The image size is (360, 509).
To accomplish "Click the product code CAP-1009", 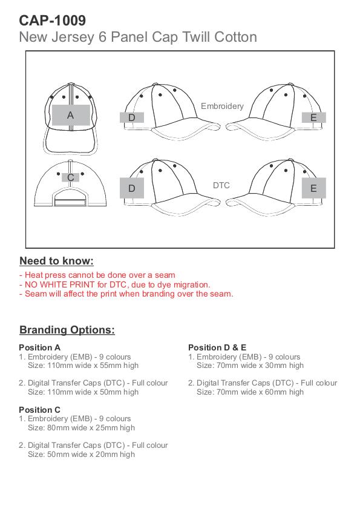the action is [x=52, y=21].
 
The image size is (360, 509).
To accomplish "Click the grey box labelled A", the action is [x=71, y=115].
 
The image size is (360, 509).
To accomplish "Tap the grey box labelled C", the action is [x=70, y=177].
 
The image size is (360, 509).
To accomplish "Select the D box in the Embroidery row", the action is [x=132, y=117].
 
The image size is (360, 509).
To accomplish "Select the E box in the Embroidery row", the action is [x=313, y=117].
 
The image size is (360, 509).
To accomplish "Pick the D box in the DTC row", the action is [x=132, y=188].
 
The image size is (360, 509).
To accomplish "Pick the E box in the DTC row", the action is [x=313, y=188].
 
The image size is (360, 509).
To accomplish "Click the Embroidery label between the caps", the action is [x=222, y=106].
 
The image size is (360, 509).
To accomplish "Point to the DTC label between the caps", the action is [x=221, y=185].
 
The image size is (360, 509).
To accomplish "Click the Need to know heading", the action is [x=56, y=261].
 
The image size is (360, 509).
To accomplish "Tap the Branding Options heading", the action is [x=67, y=330].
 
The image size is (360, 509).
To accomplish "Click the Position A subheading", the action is [x=39, y=347].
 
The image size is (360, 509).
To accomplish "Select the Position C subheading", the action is [x=39, y=410].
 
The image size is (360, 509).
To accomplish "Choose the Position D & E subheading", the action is [x=217, y=347].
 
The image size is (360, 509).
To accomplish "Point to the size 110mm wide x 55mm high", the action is [x=93, y=366].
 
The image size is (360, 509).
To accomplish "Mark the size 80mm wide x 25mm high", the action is [x=91, y=428].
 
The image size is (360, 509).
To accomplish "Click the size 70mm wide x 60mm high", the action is [x=260, y=392].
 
